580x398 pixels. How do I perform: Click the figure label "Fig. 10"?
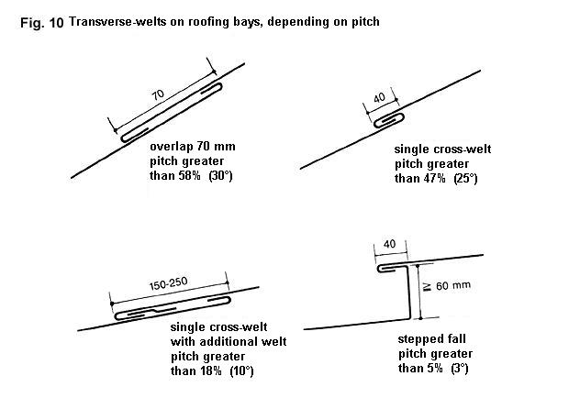tap(42, 23)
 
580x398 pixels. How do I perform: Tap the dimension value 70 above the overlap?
tap(158, 94)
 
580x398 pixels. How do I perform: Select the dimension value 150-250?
tap(168, 283)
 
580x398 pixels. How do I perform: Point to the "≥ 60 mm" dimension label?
tap(446, 285)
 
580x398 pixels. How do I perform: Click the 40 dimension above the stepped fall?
tap(389, 244)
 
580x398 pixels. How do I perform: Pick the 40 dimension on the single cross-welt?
tap(379, 98)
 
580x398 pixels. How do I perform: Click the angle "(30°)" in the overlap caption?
tap(220, 175)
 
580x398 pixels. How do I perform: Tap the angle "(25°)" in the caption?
tap(465, 179)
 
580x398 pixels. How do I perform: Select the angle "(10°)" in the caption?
tap(241, 370)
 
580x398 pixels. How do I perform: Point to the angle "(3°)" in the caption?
tap(460, 368)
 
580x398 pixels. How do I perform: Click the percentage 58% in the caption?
tap(189, 175)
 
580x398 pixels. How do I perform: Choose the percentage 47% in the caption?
tap(435, 179)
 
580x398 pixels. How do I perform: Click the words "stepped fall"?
tap(431, 339)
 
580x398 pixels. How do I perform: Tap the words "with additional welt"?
tap(229, 341)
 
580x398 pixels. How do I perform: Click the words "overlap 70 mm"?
tap(193, 147)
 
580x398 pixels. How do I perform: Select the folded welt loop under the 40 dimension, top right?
tap(389, 120)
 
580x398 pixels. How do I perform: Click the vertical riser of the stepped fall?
tap(409, 292)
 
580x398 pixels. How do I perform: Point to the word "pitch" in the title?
tap(365, 21)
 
